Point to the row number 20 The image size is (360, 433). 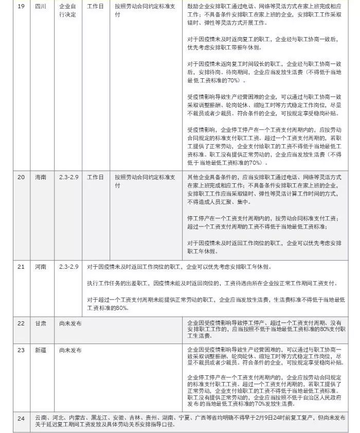pyautogui.click(x=21, y=177)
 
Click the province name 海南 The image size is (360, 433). pyautogui.click(x=41, y=177)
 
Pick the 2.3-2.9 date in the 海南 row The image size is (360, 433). pyautogui.click(x=68, y=177)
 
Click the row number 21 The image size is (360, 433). pyautogui.click(x=21, y=267)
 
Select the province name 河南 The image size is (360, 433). pyautogui.click(x=41, y=267)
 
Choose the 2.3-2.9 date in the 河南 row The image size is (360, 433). pyautogui.click(x=68, y=267)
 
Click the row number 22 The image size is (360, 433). pyautogui.click(x=21, y=323)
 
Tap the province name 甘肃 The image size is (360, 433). pyautogui.click(x=41, y=323)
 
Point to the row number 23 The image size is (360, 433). pyautogui.click(x=21, y=350)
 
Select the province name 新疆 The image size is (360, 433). pyautogui.click(x=41, y=350)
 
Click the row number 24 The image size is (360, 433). pyautogui.click(x=21, y=419)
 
